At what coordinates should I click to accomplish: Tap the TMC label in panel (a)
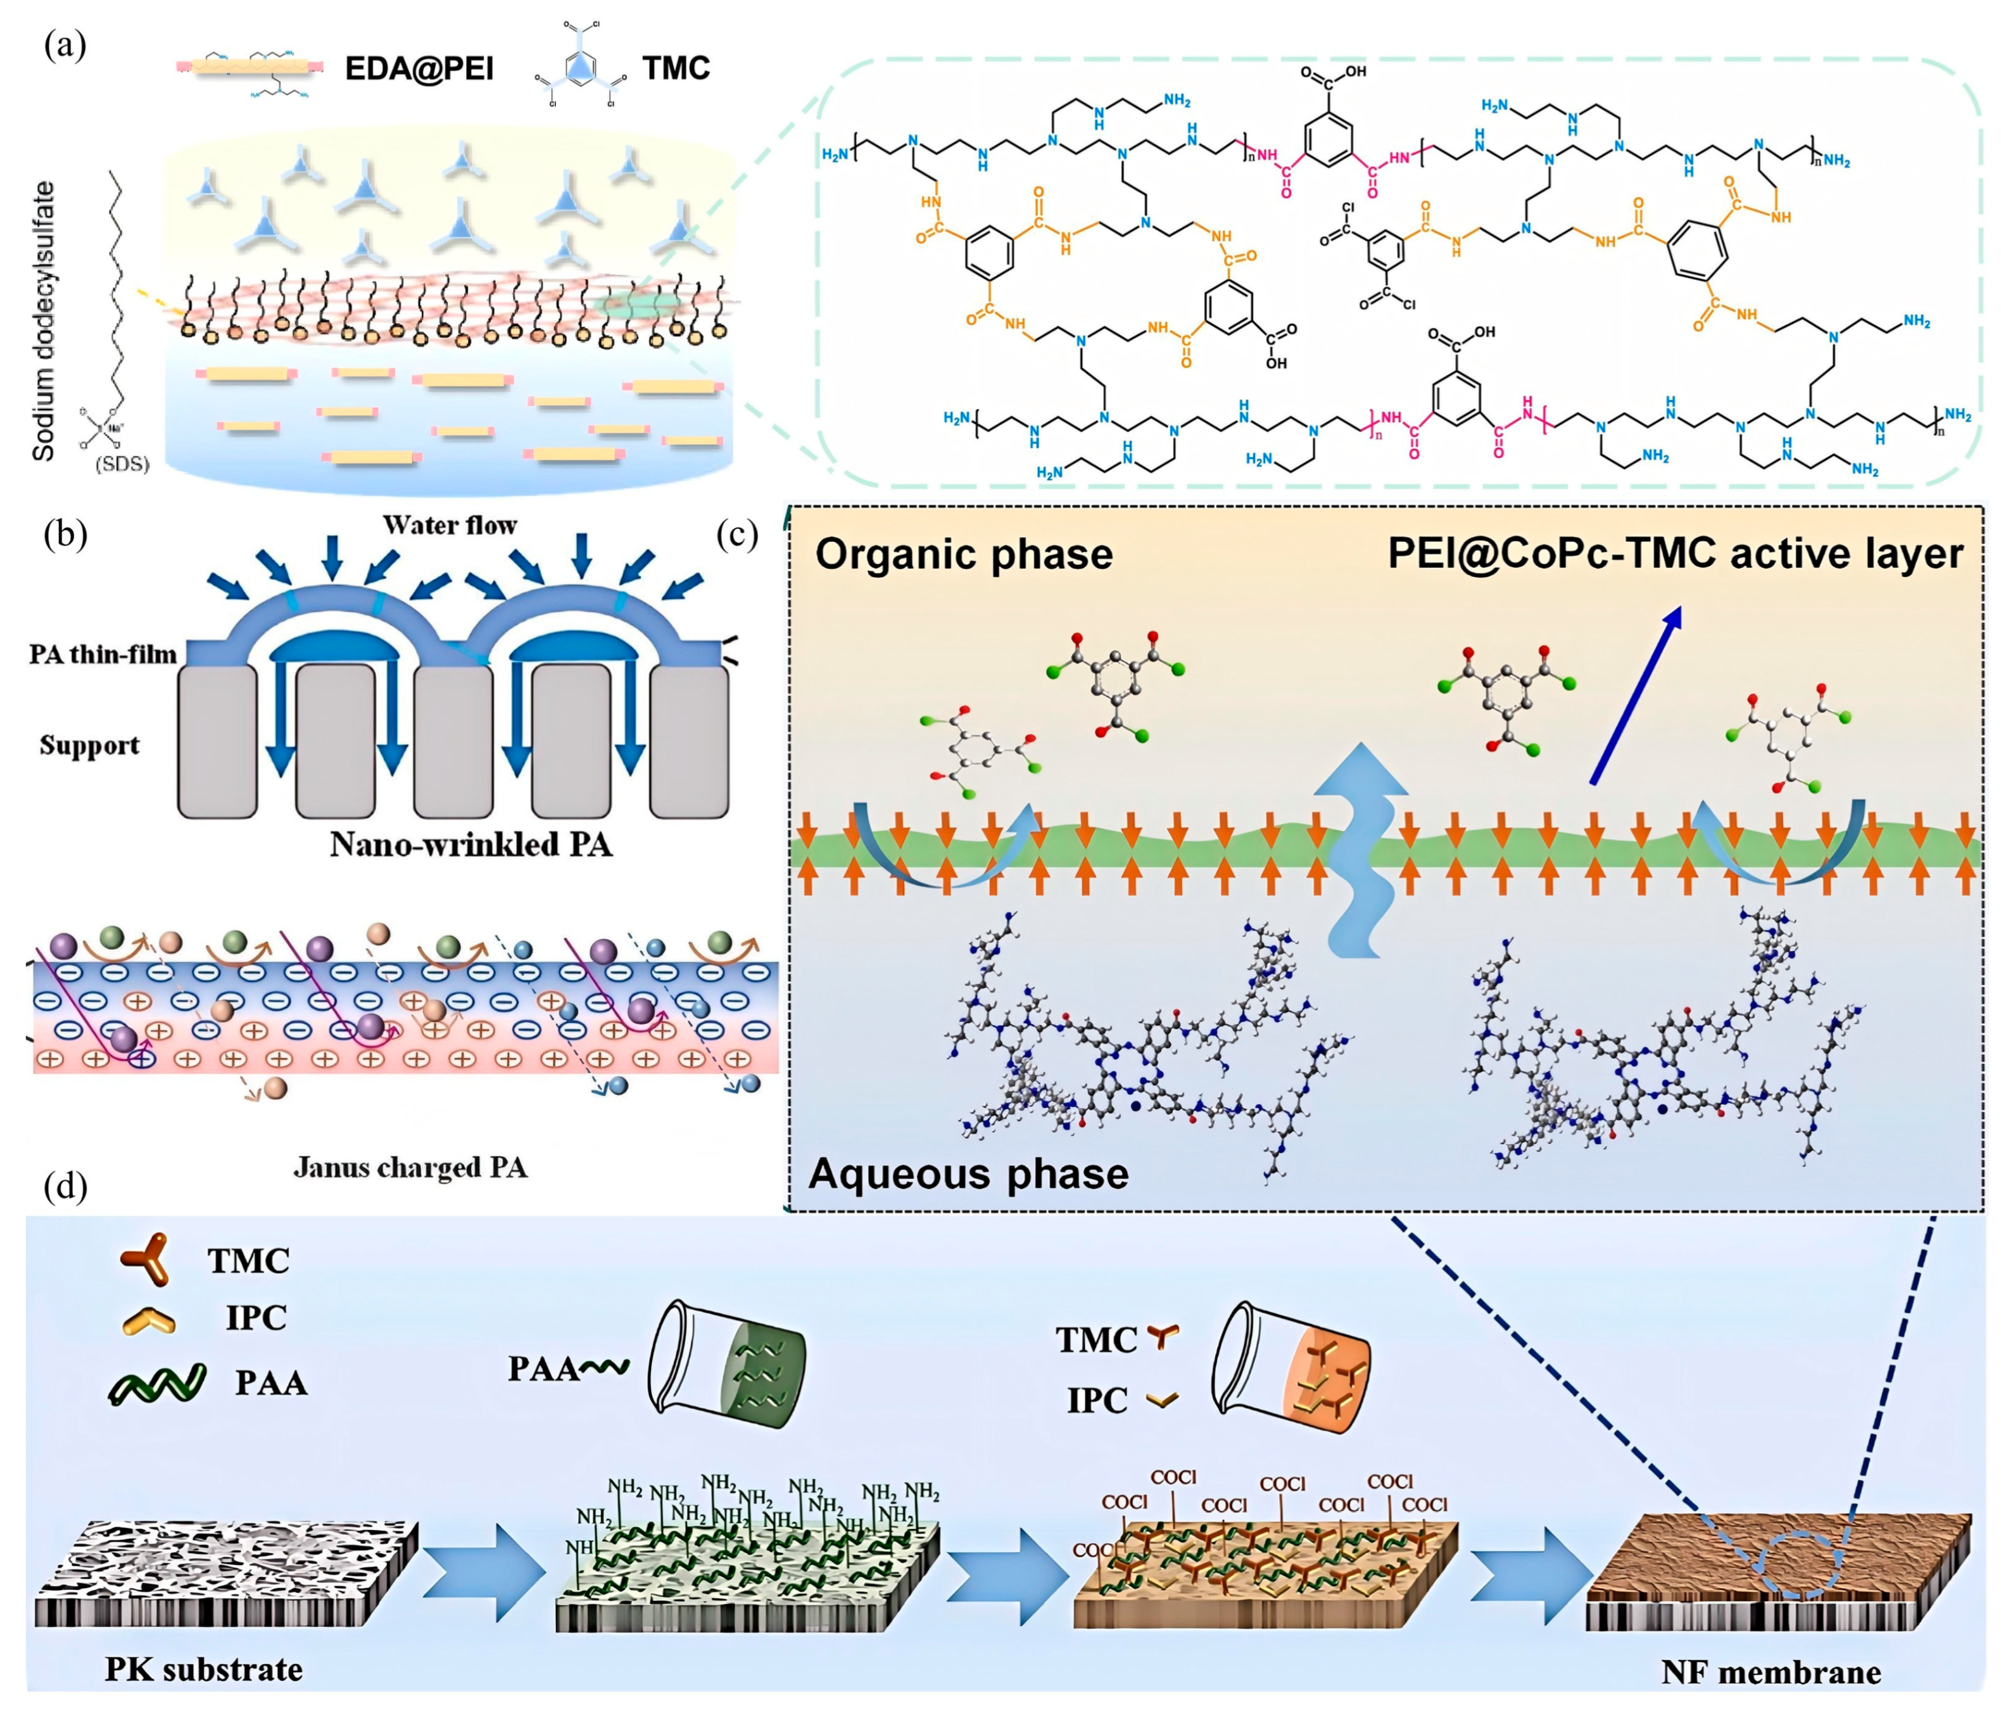(676, 68)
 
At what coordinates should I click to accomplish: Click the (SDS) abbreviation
(123, 464)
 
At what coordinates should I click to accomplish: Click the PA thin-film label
(103, 655)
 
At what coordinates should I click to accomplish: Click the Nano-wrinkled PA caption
(470, 845)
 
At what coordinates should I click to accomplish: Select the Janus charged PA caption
(410, 1168)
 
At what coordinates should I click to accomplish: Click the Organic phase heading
(964, 554)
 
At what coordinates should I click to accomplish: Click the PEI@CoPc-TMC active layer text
(1675, 553)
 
